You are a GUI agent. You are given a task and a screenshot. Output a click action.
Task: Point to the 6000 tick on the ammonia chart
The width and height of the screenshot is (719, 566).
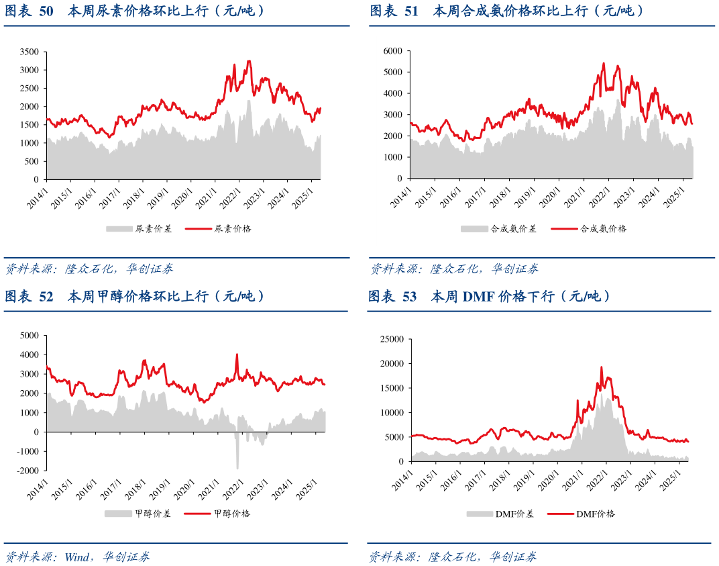click(x=392, y=51)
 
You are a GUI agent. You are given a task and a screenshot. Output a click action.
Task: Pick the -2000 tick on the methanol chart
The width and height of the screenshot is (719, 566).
click(x=28, y=471)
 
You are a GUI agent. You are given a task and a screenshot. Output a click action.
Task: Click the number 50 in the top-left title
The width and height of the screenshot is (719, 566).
click(x=46, y=11)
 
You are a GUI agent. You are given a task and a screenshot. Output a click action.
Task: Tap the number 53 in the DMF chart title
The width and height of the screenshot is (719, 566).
click(x=410, y=296)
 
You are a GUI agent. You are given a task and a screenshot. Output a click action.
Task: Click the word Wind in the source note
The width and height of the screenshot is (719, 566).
click(x=78, y=557)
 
